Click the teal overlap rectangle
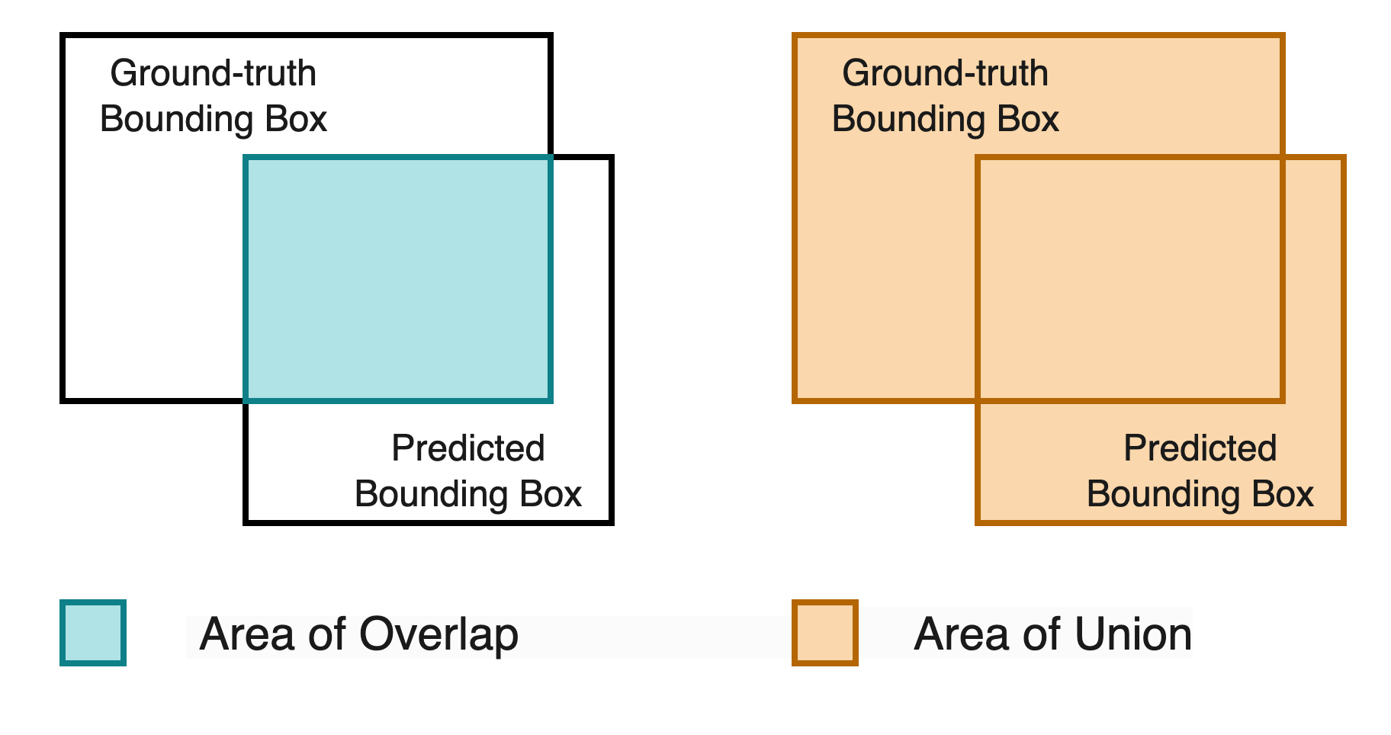coord(398,278)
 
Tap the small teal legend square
coord(93,633)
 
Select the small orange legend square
coord(824,633)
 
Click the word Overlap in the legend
coord(438,634)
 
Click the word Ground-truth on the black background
coord(213,74)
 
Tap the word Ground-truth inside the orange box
coord(945,74)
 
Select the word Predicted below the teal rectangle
coord(467,448)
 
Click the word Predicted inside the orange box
coord(1200,448)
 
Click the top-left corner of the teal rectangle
coord(246,157)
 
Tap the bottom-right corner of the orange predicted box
coord(1344,522)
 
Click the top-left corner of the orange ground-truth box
coord(795,35)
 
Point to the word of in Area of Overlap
coord(328,634)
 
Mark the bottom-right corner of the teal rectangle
coord(551,400)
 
